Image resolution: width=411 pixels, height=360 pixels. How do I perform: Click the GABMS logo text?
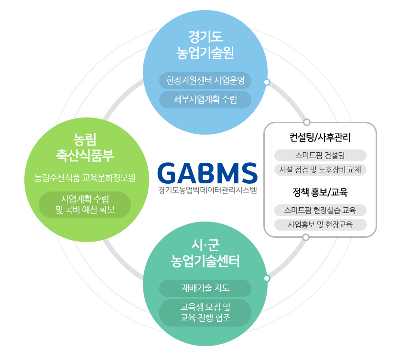[x=207, y=173]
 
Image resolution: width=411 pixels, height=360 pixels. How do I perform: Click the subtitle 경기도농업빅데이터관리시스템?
[x=207, y=190]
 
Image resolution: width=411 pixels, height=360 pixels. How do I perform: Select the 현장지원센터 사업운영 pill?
[x=205, y=80]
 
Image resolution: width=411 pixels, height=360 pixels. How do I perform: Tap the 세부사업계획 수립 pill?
[x=205, y=99]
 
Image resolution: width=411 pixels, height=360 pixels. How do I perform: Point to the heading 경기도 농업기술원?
[x=205, y=45]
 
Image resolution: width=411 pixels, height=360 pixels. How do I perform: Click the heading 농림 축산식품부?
[x=85, y=148]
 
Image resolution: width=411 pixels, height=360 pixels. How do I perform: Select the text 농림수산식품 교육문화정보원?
[x=85, y=178]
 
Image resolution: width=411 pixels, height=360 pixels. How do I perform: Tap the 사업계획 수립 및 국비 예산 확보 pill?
[x=85, y=204]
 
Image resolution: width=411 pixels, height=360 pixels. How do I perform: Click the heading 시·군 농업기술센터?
[x=205, y=253]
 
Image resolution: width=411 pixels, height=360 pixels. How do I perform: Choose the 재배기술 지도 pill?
[x=205, y=288]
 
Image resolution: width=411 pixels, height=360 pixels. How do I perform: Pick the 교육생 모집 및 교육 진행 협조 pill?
[x=205, y=312]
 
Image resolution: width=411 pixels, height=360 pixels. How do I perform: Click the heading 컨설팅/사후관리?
[x=320, y=137]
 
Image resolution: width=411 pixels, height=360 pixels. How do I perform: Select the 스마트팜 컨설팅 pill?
[x=320, y=156]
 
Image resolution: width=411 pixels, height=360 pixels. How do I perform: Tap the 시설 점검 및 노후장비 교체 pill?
[x=320, y=169]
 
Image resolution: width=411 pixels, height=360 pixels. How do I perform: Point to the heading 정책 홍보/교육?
[x=320, y=192]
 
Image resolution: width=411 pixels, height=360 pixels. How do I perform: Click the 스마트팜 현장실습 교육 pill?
[x=320, y=210]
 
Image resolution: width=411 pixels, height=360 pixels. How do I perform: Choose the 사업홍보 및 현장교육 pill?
[x=320, y=224]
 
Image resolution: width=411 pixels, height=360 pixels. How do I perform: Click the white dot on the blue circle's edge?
[x=267, y=82]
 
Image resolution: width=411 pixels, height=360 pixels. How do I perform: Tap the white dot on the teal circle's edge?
[x=267, y=278]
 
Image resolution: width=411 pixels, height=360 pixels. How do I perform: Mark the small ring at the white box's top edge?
[x=307, y=122]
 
